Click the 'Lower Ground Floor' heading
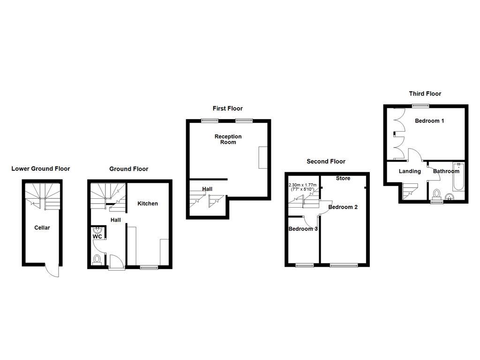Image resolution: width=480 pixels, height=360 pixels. (x=41, y=169)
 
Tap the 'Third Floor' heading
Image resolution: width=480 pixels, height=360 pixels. (x=425, y=94)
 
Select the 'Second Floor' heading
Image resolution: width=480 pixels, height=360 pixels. (x=326, y=161)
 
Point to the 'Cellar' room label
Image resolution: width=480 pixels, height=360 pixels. (x=42, y=228)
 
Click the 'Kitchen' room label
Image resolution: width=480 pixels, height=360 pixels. (x=147, y=203)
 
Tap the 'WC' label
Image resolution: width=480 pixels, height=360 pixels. (x=97, y=237)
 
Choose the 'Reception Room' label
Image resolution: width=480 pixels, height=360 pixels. (x=228, y=139)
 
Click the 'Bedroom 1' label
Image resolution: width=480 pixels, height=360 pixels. (x=429, y=121)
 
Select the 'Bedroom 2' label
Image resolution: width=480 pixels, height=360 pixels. (x=343, y=207)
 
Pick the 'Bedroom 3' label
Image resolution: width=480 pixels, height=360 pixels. (x=303, y=229)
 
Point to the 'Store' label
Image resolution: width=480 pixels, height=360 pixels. (x=343, y=178)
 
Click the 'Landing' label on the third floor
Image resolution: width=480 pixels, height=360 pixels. (x=410, y=171)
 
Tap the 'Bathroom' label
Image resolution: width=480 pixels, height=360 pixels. (x=446, y=171)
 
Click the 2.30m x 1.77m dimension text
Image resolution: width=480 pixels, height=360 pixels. (x=302, y=187)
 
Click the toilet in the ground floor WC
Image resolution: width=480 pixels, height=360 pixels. (x=97, y=259)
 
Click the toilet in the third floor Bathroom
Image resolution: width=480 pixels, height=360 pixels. (x=437, y=193)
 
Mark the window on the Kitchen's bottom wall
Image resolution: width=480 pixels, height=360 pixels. (x=149, y=267)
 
